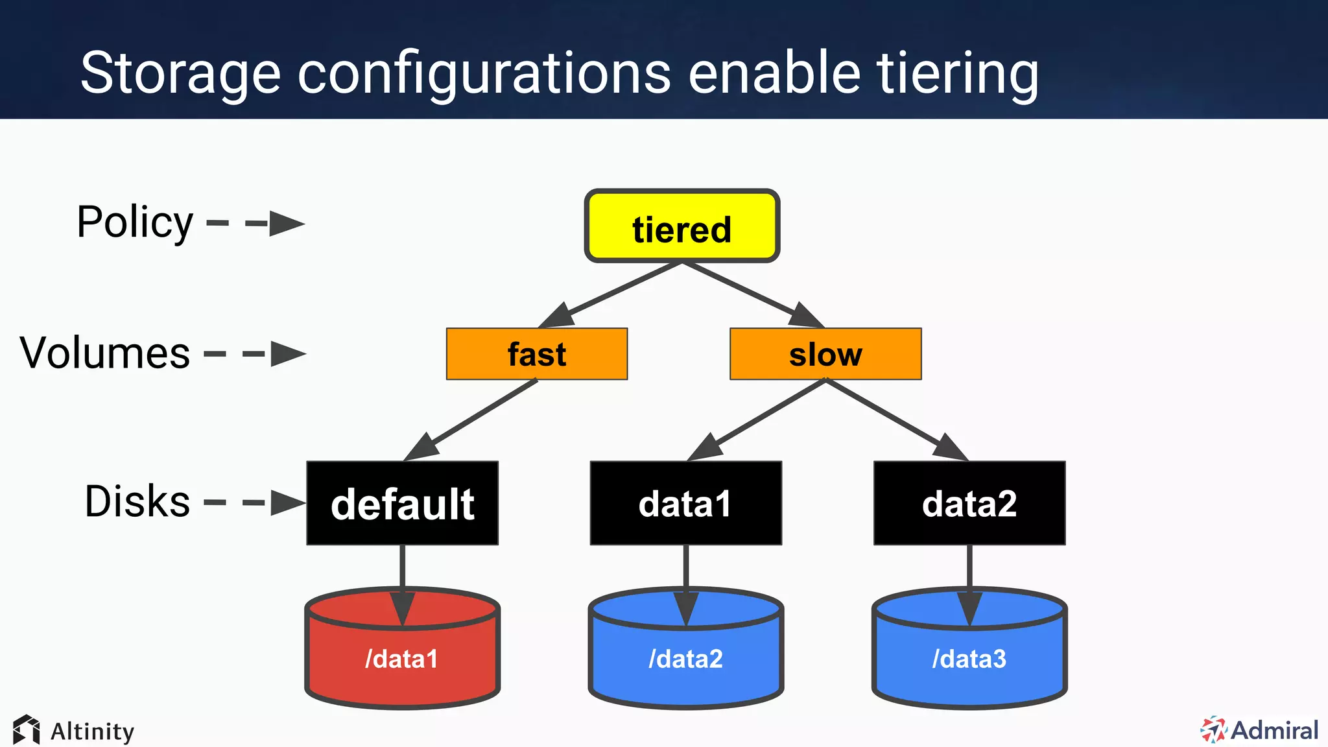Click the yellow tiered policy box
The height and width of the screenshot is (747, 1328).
pos(682,226)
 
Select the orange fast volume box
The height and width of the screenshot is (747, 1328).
pos(537,354)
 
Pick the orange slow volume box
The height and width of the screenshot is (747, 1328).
pos(825,354)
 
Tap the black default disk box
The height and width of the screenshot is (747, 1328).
pos(402,503)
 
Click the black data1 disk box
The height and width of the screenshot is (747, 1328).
pos(685,503)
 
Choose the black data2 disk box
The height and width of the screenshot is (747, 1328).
pos(969,503)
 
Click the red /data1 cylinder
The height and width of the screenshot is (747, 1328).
pos(402,658)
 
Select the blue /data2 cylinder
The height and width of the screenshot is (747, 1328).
pos(685,658)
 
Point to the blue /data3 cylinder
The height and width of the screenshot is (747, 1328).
pos(969,658)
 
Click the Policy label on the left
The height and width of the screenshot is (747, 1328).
pos(135,222)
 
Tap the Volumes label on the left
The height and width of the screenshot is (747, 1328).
pos(105,353)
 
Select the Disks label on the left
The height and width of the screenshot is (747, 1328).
pos(137,501)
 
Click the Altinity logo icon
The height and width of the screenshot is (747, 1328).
pos(27,730)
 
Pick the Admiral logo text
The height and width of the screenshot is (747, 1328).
pos(1274,730)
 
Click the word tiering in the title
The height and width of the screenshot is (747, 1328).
pos(957,73)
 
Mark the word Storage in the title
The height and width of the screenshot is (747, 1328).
pos(180,73)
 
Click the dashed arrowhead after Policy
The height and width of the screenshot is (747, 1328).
pos(286,224)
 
